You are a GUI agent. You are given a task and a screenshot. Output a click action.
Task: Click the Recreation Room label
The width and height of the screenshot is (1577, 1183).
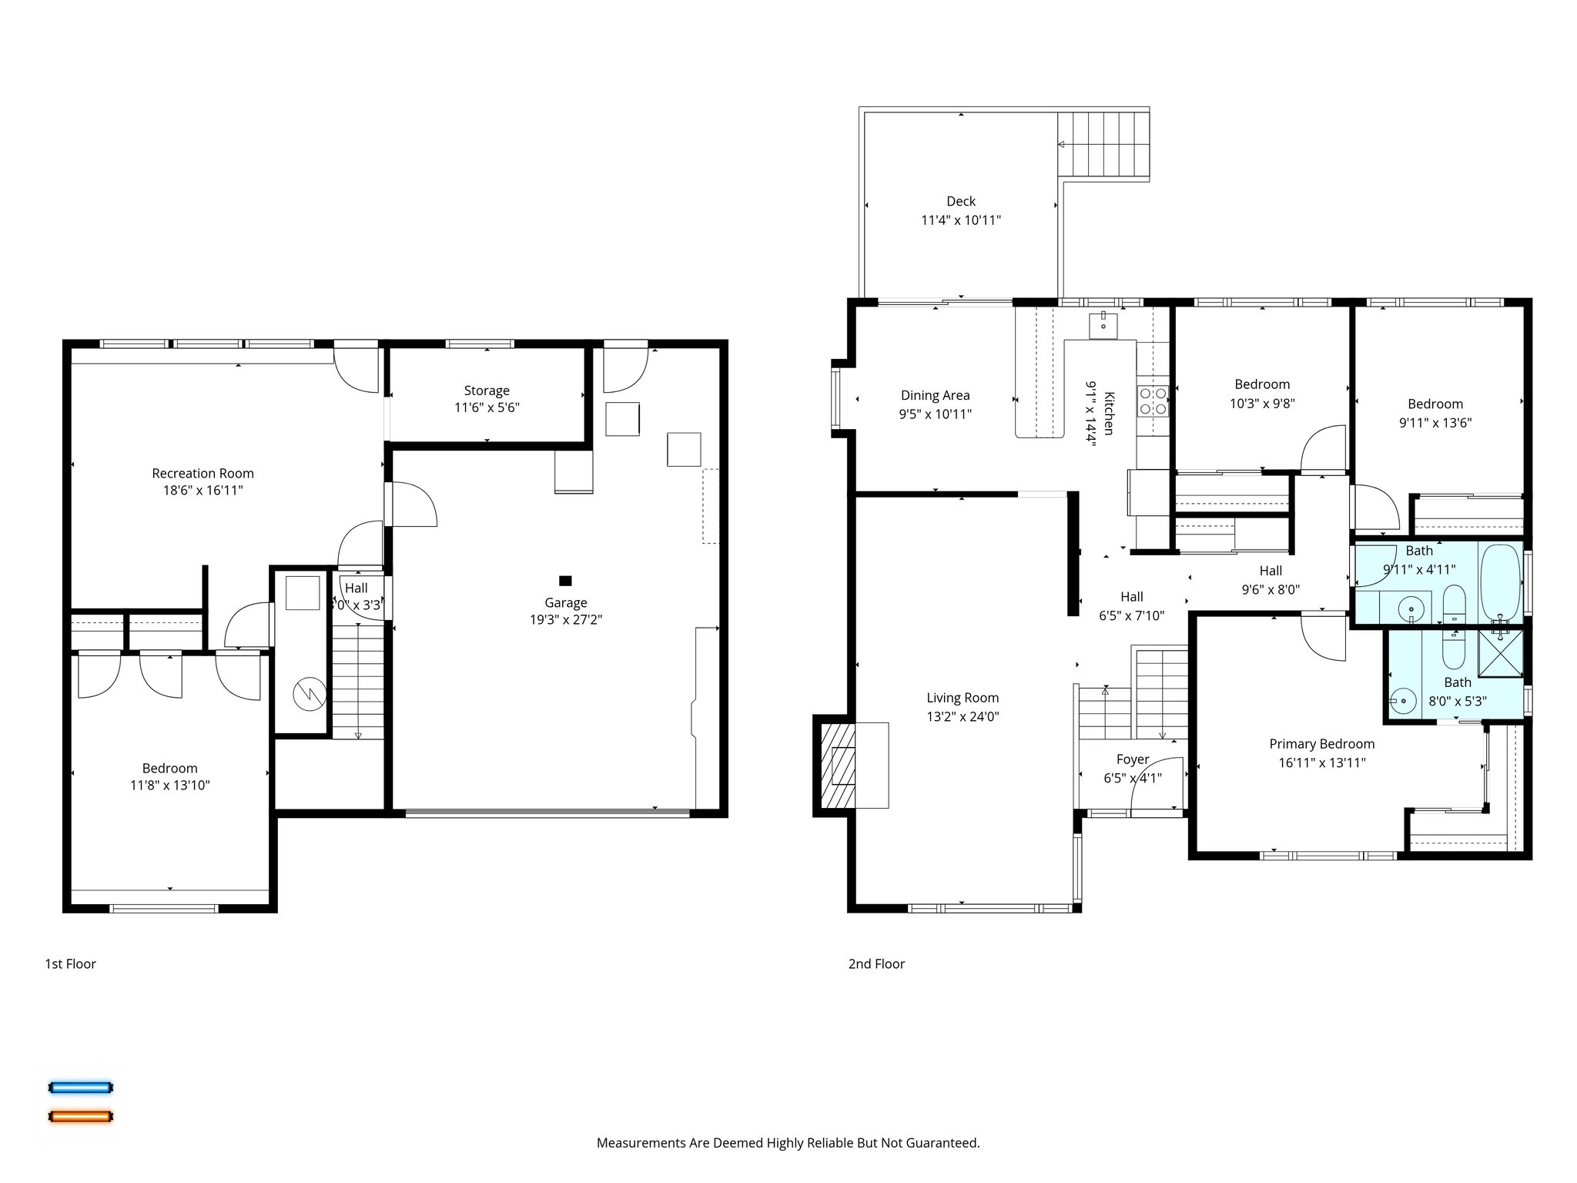click(203, 474)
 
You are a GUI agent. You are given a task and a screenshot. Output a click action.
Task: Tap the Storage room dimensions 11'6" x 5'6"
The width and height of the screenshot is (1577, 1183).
click(487, 408)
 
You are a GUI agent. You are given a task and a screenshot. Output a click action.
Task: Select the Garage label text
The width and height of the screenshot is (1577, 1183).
click(565, 603)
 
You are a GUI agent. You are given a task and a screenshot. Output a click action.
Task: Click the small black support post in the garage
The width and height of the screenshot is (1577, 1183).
click(565, 581)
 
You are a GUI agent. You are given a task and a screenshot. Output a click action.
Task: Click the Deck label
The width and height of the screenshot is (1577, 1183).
click(961, 202)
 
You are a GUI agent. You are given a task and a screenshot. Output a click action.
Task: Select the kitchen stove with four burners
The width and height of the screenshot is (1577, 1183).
click(1153, 400)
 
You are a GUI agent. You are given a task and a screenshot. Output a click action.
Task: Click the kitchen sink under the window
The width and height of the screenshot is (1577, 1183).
click(1103, 325)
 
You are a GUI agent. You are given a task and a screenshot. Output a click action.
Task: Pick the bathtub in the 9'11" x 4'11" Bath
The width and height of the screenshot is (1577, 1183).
click(1501, 581)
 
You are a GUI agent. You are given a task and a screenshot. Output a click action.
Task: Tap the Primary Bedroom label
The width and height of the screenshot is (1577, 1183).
click(1321, 744)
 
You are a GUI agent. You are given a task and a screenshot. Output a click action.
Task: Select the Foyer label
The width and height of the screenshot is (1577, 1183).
click(1132, 759)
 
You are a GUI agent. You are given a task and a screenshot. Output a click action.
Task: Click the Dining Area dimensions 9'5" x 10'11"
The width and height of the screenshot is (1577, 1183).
click(935, 414)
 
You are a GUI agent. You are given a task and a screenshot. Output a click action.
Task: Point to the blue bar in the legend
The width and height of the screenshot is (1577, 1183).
click(80, 1087)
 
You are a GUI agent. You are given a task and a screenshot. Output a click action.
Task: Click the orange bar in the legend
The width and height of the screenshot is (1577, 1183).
click(80, 1116)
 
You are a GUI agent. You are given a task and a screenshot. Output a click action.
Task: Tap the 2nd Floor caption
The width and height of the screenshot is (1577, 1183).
click(876, 963)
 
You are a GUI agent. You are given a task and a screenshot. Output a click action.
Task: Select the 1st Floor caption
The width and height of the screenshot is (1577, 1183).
click(70, 963)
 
